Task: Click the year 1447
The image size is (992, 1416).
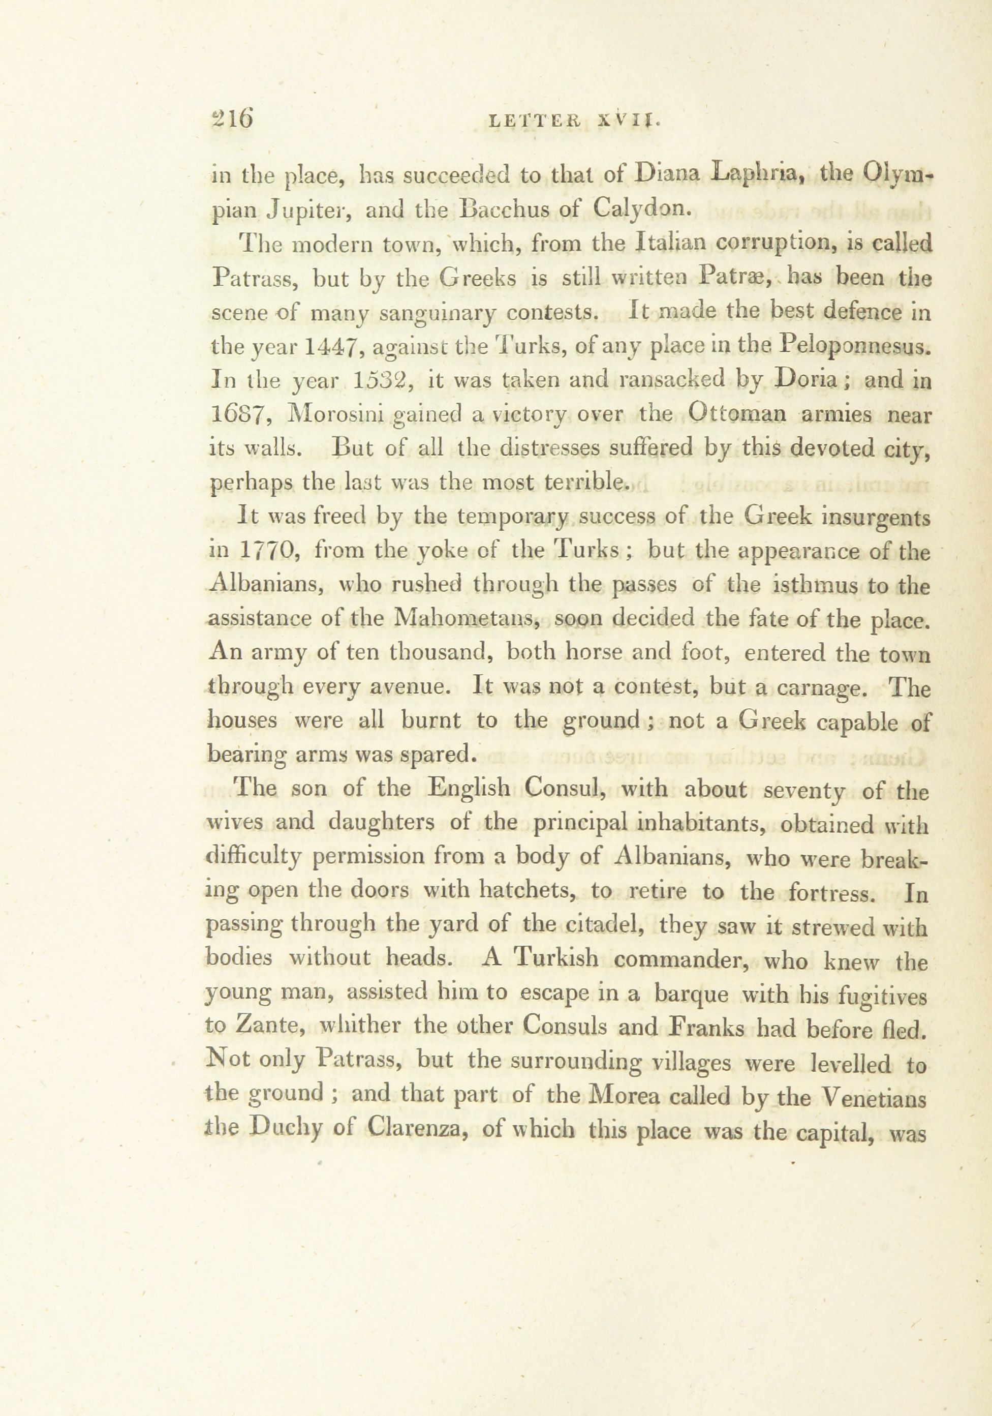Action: pos(329,347)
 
